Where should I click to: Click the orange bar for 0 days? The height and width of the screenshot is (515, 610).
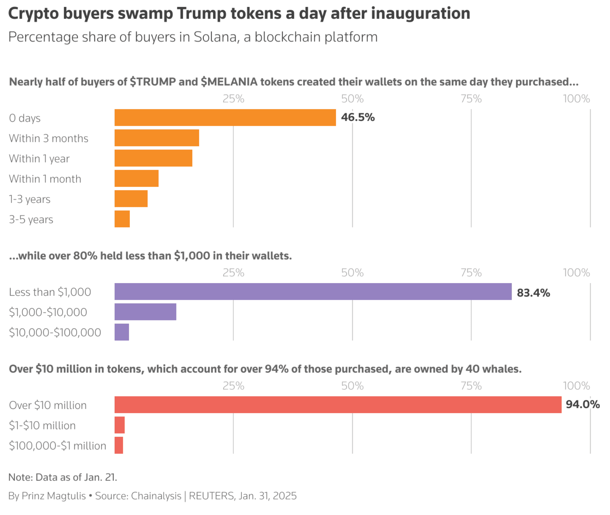[225, 117]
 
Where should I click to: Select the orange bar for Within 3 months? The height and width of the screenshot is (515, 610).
[156, 138]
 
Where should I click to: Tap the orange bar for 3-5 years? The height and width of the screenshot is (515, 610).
[122, 219]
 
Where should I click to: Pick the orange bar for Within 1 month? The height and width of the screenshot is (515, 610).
[136, 178]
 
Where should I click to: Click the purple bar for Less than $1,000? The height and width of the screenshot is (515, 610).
[313, 291]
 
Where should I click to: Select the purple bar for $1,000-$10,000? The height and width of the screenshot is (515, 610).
[145, 312]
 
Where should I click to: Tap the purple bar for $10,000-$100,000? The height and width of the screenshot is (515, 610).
[122, 332]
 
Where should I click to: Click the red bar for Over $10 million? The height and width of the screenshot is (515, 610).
[338, 405]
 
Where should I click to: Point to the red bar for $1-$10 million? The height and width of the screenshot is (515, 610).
[120, 425]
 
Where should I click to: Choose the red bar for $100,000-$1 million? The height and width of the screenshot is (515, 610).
[119, 445]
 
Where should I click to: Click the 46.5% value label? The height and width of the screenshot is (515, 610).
[357, 117]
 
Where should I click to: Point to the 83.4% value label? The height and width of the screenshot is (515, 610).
[533, 293]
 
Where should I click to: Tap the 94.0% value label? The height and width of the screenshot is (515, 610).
[582, 404]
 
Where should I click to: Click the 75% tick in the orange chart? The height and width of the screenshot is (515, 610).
[471, 99]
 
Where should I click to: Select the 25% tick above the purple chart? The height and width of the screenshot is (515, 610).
[233, 273]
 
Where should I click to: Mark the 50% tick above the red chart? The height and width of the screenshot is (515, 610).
[352, 386]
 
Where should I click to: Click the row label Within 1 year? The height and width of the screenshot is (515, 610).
[39, 159]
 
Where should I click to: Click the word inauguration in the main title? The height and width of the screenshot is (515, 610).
[420, 14]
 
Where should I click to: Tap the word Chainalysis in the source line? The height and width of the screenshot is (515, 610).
[156, 496]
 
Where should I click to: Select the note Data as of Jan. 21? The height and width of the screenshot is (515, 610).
[62, 477]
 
